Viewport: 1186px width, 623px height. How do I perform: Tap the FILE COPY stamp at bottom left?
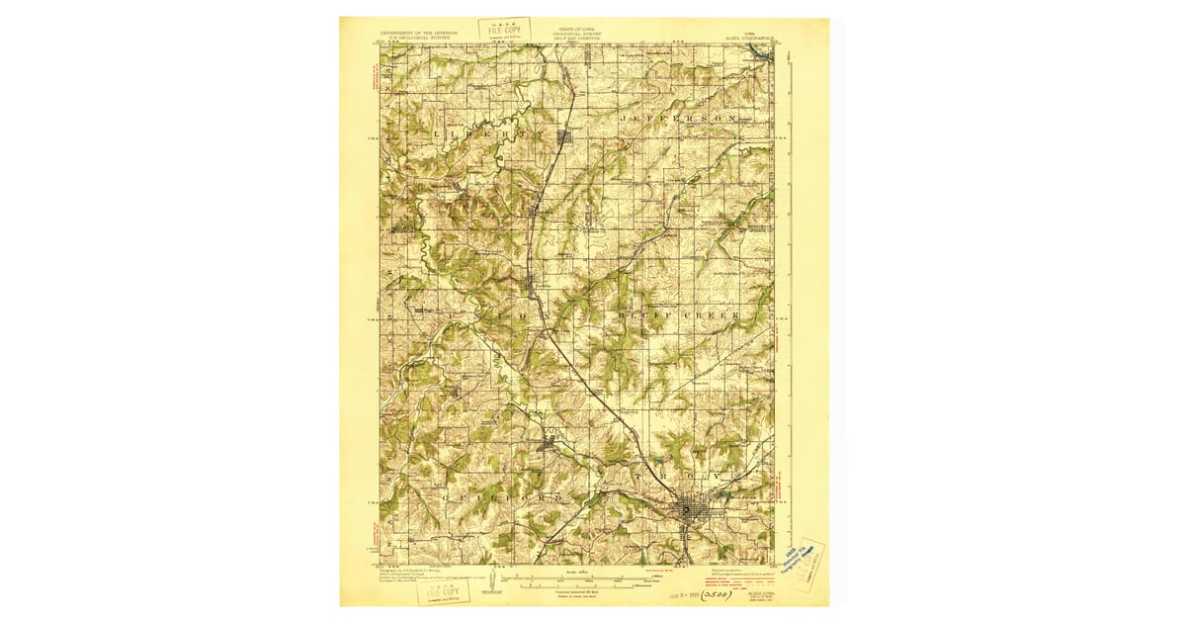click(443, 591)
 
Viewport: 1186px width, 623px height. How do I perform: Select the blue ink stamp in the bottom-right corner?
click(799, 563)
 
